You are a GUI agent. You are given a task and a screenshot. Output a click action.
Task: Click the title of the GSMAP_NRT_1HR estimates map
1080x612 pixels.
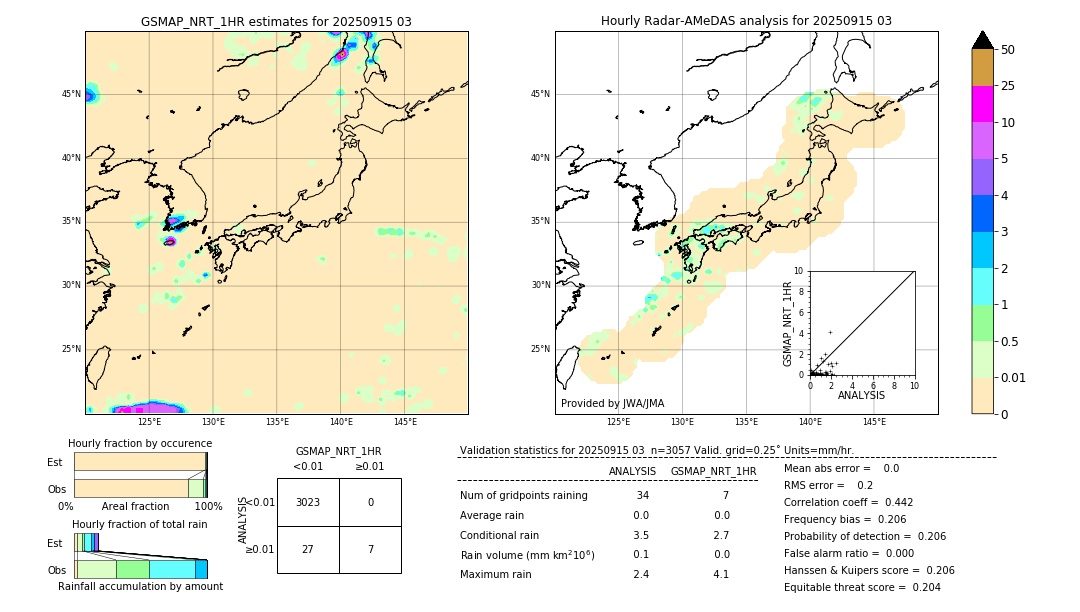coord(276,21)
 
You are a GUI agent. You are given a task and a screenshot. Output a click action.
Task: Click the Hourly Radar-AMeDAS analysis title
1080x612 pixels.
coord(746,21)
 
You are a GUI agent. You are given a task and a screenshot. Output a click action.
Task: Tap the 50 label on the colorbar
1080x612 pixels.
coord(1008,49)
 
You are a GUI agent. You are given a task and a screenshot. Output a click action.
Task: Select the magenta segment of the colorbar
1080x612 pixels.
coord(983,104)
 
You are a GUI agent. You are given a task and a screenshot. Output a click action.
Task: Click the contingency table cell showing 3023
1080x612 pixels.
coord(308,502)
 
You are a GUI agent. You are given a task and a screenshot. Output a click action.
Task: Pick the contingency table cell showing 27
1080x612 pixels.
coord(308,550)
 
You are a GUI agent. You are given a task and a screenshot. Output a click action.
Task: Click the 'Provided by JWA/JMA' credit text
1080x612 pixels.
coord(612,404)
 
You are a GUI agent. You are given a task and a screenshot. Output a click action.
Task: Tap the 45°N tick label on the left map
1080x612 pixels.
coord(71,94)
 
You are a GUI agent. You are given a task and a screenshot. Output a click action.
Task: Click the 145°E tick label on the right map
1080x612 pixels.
coord(874,422)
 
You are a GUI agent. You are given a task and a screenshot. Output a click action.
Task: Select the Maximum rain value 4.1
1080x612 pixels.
coord(720,574)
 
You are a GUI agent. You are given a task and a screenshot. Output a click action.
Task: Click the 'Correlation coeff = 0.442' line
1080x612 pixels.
coord(848,502)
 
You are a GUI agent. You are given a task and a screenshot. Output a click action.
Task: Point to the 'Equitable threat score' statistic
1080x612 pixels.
coord(862,587)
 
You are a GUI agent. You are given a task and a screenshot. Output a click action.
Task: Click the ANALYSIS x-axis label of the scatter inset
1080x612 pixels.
coord(861,395)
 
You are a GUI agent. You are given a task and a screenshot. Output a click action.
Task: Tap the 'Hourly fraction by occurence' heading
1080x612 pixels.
coord(140,443)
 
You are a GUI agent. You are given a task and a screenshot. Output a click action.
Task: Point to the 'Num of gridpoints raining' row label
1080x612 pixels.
coord(523,496)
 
